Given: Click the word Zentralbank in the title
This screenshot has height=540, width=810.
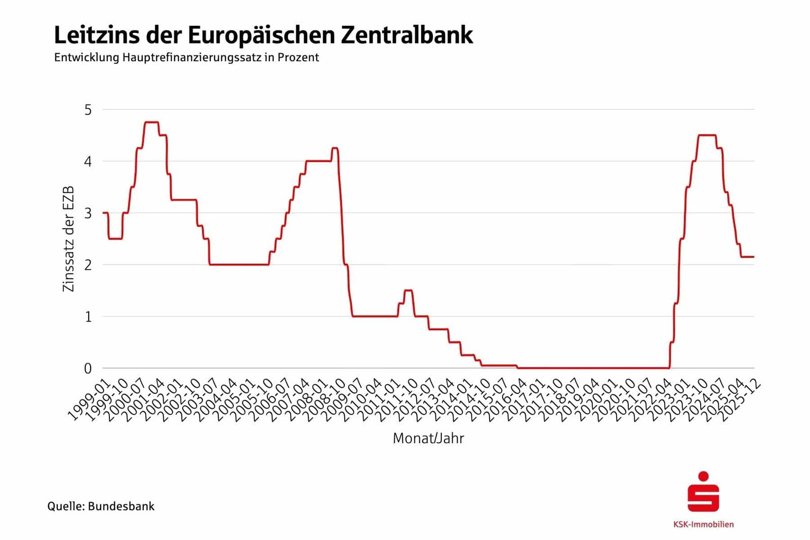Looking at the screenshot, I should click(407, 35).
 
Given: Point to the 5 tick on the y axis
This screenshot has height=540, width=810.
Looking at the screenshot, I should click(88, 110).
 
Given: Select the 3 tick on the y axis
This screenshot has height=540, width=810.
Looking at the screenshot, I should click(88, 213).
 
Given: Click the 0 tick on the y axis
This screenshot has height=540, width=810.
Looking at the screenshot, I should click(88, 368).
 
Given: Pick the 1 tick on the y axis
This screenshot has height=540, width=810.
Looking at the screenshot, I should click(88, 317).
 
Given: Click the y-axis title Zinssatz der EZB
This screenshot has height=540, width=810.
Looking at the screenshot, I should click(68, 238).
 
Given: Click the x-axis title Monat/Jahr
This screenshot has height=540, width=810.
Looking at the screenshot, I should click(428, 438).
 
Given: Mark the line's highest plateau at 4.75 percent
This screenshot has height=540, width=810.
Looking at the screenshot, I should click(151, 122).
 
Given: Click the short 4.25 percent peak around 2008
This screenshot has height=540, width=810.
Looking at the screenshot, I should click(335, 148).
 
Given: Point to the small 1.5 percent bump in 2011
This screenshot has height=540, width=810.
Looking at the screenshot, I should click(408, 290).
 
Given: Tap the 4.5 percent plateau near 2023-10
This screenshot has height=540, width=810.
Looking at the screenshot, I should click(707, 135).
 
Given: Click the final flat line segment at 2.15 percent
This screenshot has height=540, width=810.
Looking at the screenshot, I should click(747, 257).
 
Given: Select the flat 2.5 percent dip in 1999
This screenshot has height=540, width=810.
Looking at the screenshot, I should click(115, 238).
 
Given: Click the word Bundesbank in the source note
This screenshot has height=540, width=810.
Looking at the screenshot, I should click(121, 506).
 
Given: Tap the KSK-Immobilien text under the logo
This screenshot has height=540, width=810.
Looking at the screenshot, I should click(703, 524).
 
